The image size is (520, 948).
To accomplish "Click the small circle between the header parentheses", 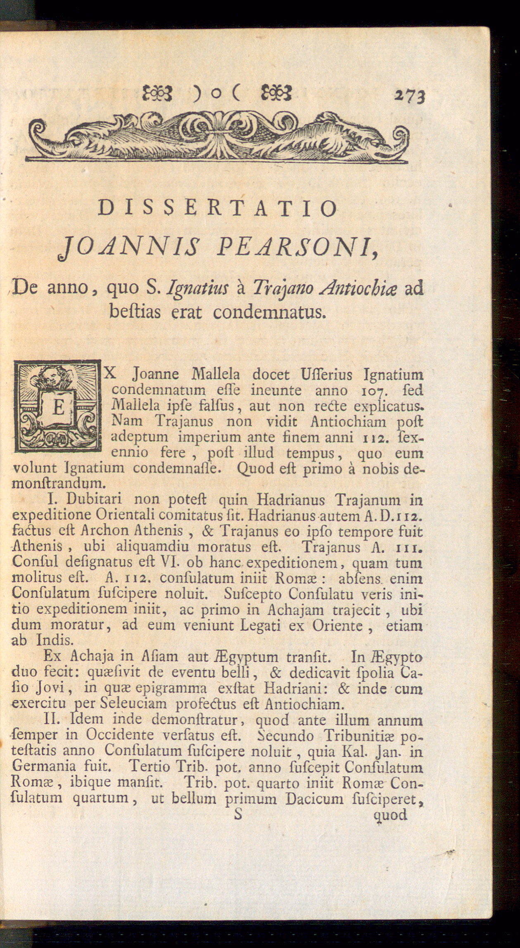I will (x=215, y=95).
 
